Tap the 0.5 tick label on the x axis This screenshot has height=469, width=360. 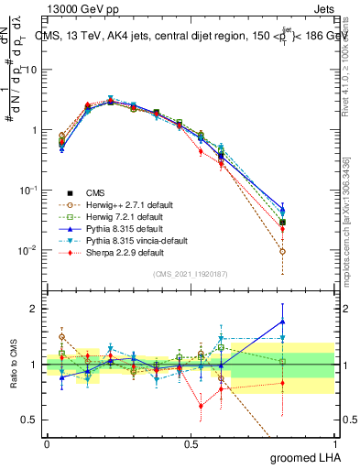pyautogui.click(x=191, y=442)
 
